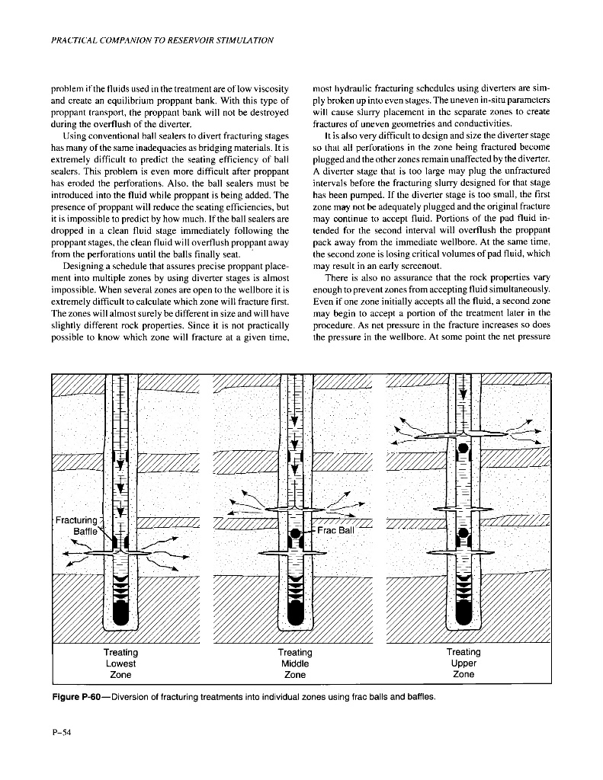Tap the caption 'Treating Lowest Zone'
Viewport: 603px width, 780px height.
120,663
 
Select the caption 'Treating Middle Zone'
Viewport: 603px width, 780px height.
294,663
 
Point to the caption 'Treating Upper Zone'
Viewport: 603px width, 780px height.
463,663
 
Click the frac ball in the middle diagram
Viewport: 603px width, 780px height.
296,533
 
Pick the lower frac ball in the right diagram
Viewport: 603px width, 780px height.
462,531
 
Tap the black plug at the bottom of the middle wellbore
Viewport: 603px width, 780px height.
295,612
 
